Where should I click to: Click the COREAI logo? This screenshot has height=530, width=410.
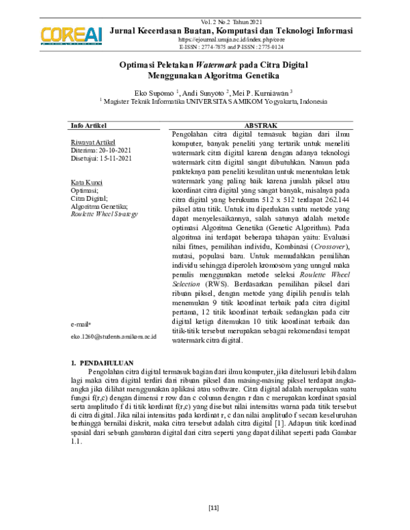coord(71,34)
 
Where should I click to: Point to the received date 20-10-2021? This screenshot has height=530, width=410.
coord(109,150)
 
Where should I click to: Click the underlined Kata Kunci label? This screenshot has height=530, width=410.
coord(87,183)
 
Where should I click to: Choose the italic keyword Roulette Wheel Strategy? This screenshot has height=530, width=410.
coord(104,214)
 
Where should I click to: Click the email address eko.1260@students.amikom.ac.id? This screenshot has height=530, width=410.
coord(113,337)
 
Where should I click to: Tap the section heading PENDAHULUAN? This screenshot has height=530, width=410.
coord(109,362)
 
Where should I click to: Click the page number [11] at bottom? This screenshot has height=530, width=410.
coord(213,508)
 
